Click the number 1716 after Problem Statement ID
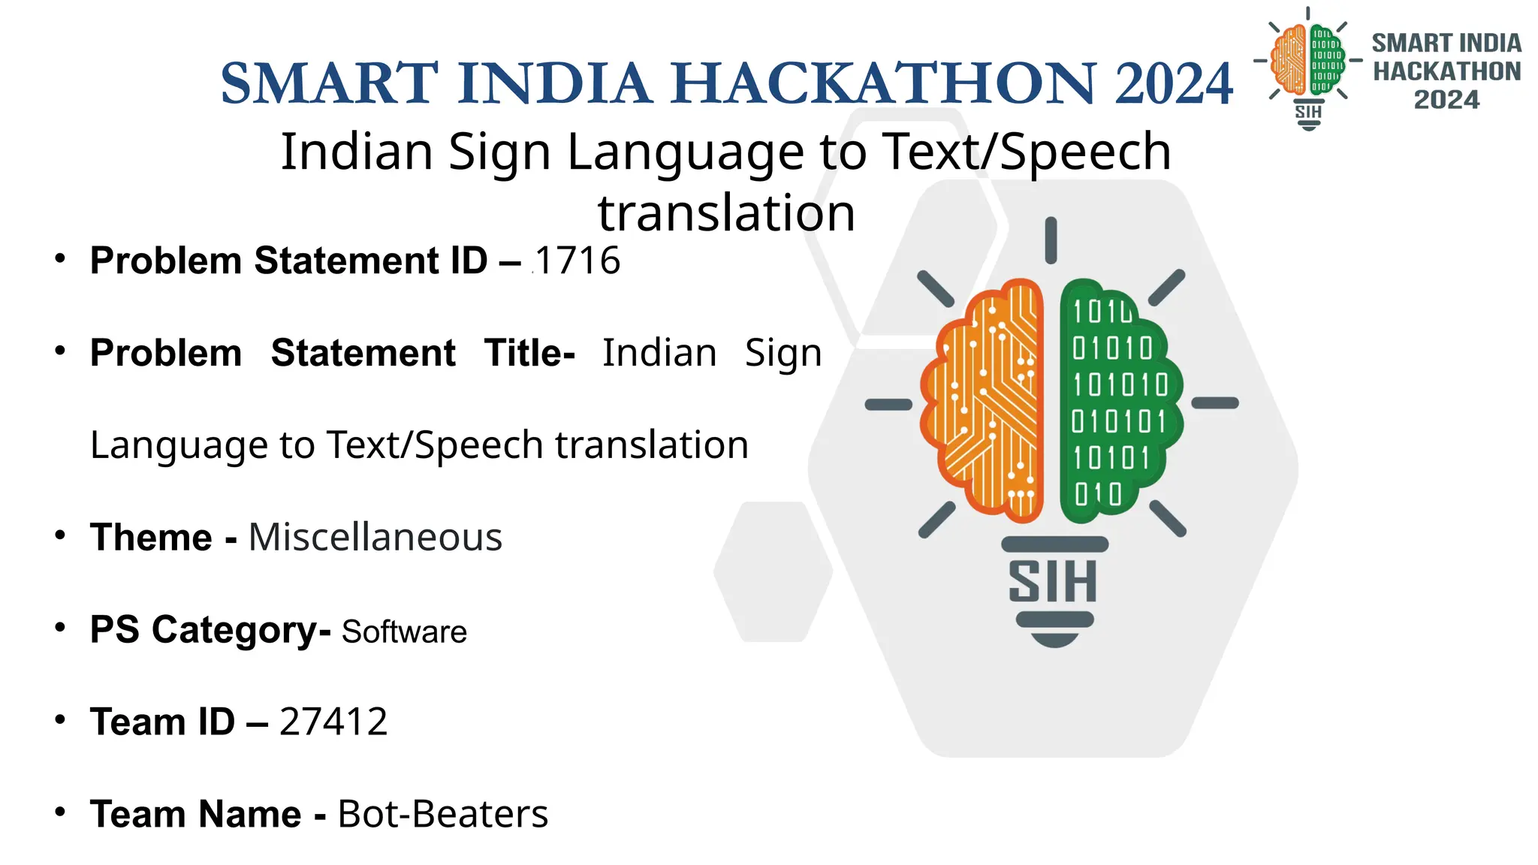[578, 261]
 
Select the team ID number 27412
[333, 722]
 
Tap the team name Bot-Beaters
[443, 815]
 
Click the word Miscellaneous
[375, 538]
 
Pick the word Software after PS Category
[404, 632]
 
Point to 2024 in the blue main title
[1174, 83]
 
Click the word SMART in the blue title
[329, 83]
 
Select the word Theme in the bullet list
[151, 538]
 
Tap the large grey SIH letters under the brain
[1052, 581]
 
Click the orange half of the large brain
[984, 402]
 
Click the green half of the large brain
[1118, 402]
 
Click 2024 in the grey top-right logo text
[1446, 100]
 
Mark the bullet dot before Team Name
[60, 812]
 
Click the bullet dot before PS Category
[60, 627]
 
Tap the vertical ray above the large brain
[1051, 240]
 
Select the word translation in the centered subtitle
[726, 213]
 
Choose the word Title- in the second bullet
[529, 353]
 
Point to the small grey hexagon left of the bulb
[773, 571]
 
